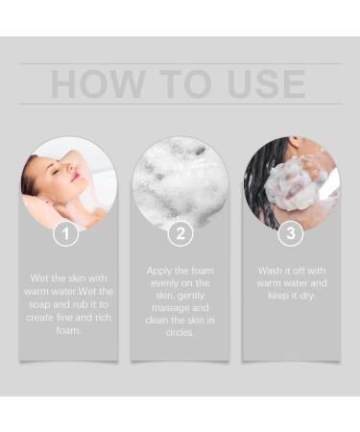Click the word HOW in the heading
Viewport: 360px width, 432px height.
tap(98, 84)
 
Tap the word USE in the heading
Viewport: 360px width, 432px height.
tap(266, 84)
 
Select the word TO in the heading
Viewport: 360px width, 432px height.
tap(186, 84)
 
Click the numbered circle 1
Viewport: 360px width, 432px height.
tap(66, 233)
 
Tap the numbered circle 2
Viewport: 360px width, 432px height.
tap(180, 233)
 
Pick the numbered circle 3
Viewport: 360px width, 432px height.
tap(291, 233)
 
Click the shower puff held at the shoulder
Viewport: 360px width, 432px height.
tap(291, 184)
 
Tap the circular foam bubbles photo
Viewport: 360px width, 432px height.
tap(180, 183)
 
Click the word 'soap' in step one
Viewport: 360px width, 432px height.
tap(39, 304)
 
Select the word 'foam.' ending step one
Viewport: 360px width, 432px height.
tap(68, 330)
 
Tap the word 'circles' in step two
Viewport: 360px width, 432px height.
tap(180, 333)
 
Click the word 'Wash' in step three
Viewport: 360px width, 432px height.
tap(270, 271)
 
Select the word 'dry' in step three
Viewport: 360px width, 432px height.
tap(307, 296)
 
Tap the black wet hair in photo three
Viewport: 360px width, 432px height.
tap(258, 180)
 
